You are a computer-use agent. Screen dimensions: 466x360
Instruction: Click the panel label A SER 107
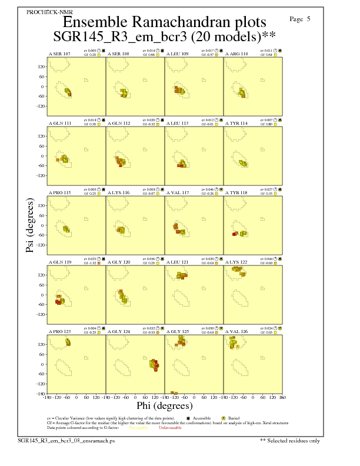click(x=59, y=54)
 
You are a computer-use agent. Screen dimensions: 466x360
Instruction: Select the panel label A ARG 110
click(x=236, y=54)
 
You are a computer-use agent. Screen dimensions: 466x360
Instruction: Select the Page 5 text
click(x=300, y=19)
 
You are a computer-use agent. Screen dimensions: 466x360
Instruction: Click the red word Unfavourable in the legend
click(x=170, y=428)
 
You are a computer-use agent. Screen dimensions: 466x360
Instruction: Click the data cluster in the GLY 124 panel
click(x=154, y=364)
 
